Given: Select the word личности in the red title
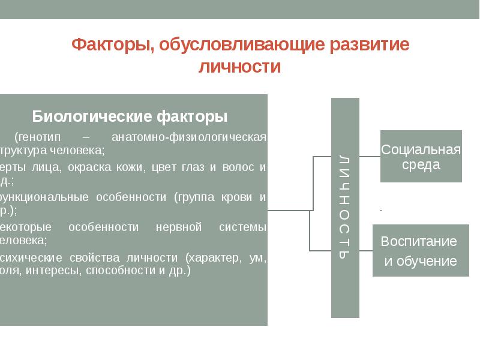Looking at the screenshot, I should coord(239,67).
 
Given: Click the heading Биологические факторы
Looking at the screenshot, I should coord(130,115).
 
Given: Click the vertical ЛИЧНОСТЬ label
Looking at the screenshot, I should coord(344,206).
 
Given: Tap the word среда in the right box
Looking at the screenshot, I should coord(421,165).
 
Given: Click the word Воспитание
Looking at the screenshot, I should coord(419,242).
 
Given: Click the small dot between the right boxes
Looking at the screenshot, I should coord(382,211).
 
